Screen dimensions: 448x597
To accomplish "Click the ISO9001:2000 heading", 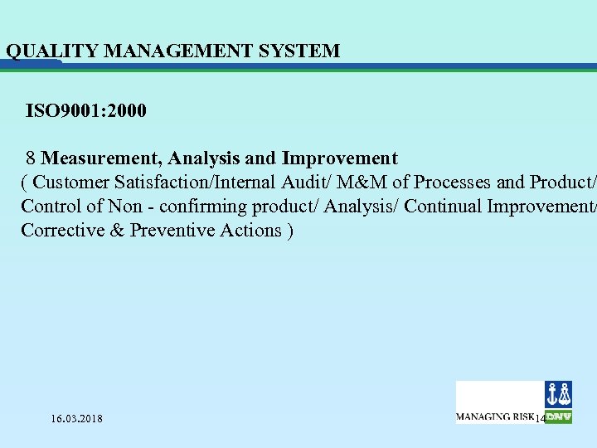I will pos(86,110).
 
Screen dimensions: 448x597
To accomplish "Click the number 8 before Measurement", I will pos(30,158).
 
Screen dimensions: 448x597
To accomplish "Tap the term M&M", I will pos(358,182).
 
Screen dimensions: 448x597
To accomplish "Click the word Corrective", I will pos(61,230).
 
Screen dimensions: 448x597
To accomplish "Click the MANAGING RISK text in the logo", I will pos(495,416).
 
